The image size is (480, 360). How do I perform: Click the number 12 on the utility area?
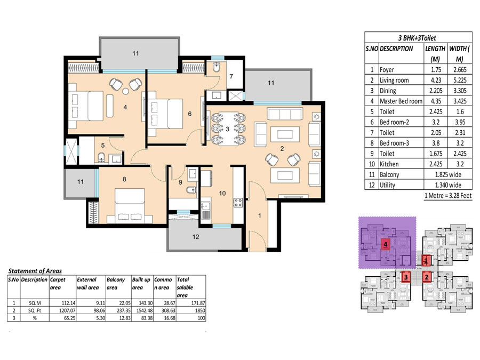tap(196, 237)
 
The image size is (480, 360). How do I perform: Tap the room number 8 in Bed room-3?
tap(124, 179)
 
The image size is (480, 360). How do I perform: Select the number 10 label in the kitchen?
tap(222, 193)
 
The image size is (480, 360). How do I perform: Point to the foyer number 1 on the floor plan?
tap(260, 215)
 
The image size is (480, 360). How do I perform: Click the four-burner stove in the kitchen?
tap(238, 203)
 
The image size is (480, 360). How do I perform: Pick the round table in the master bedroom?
tap(125, 91)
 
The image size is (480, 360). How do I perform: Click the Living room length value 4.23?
tap(436, 80)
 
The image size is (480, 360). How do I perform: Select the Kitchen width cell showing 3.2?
tap(460, 164)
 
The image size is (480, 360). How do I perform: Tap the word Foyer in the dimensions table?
tap(387, 70)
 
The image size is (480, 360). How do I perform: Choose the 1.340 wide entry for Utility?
tap(448, 185)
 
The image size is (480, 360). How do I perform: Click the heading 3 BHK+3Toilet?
tap(417, 38)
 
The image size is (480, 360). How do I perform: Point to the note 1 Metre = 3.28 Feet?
tap(448, 196)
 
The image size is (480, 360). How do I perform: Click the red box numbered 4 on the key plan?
tap(386, 245)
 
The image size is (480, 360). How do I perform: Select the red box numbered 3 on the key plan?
tap(406, 277)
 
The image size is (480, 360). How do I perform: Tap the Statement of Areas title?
tap(35, 271)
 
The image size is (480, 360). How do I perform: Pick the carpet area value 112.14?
tap(68, 303)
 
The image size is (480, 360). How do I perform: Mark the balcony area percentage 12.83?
tap(125, 318)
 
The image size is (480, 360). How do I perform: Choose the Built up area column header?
tap(141, 284)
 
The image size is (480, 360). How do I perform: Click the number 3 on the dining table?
tap(227, 129)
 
